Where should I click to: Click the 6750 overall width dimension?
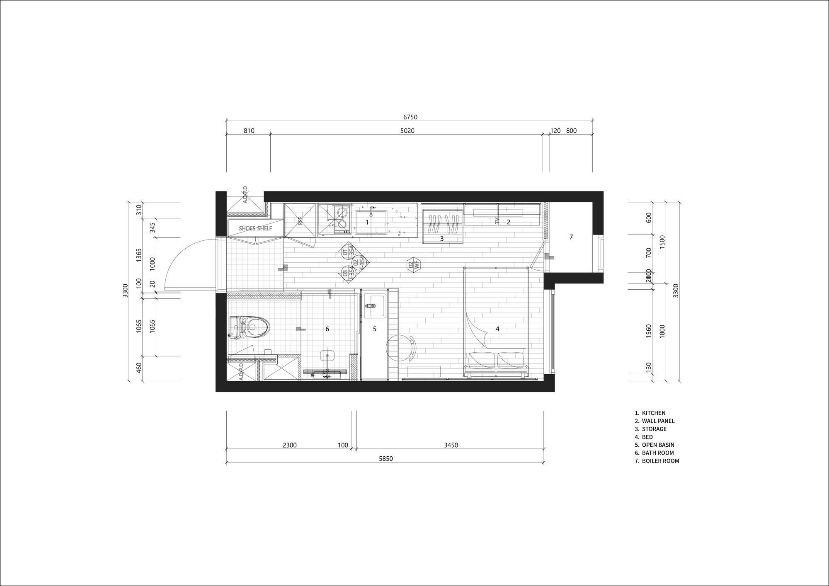[x=410, y=117]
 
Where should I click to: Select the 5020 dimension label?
[x=407, y=131]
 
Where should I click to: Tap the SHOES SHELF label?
[x=255, y=228]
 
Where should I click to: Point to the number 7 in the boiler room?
[x=571, y=237]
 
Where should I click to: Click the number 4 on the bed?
[x=497, y=329]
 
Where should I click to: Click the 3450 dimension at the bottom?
[x=451, y=445]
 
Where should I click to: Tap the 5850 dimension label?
[x=385, y=459]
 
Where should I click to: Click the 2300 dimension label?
[x=289, y=445]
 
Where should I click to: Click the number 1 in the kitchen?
[x=367, y=222]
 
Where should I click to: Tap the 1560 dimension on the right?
[x=649, y=331]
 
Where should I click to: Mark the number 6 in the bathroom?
[x=327, y=329]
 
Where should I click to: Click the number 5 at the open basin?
[x=374, y=329]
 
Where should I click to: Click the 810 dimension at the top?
[x=249, y=131]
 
